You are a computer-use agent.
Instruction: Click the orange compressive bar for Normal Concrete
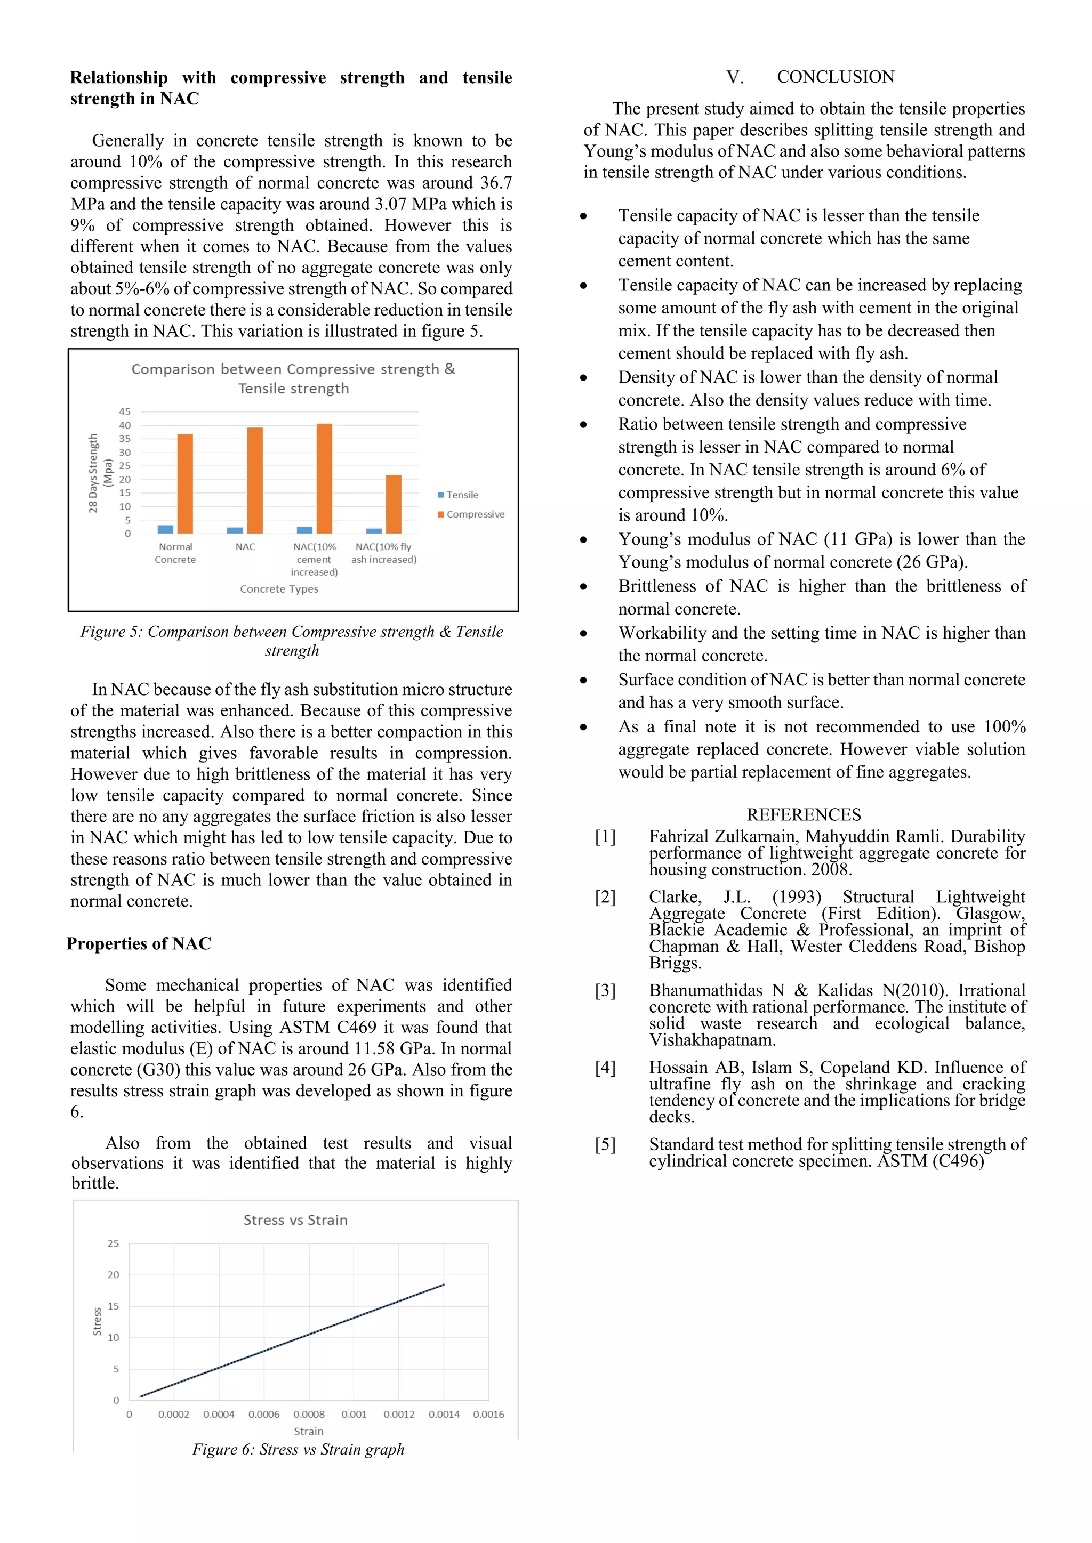tap(185, 484)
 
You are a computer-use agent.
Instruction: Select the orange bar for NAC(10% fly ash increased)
tap(394, 504)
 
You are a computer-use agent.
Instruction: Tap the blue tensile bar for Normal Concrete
tap(165, 530)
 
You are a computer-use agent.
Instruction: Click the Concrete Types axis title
tap(279, 589)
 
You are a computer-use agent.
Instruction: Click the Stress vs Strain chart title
tap(295, 1220)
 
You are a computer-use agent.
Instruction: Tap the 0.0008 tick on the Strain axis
tap(309, 1414)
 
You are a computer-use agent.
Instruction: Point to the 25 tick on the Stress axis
tap(113, 1243)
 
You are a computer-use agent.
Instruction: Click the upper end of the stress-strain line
tap(443, 1285)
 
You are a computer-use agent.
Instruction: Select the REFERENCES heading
tap(804, 814)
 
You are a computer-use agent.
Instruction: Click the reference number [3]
tap(605, 990)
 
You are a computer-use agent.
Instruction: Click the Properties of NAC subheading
tap(139, 943)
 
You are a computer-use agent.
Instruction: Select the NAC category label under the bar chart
tap(245, 547)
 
